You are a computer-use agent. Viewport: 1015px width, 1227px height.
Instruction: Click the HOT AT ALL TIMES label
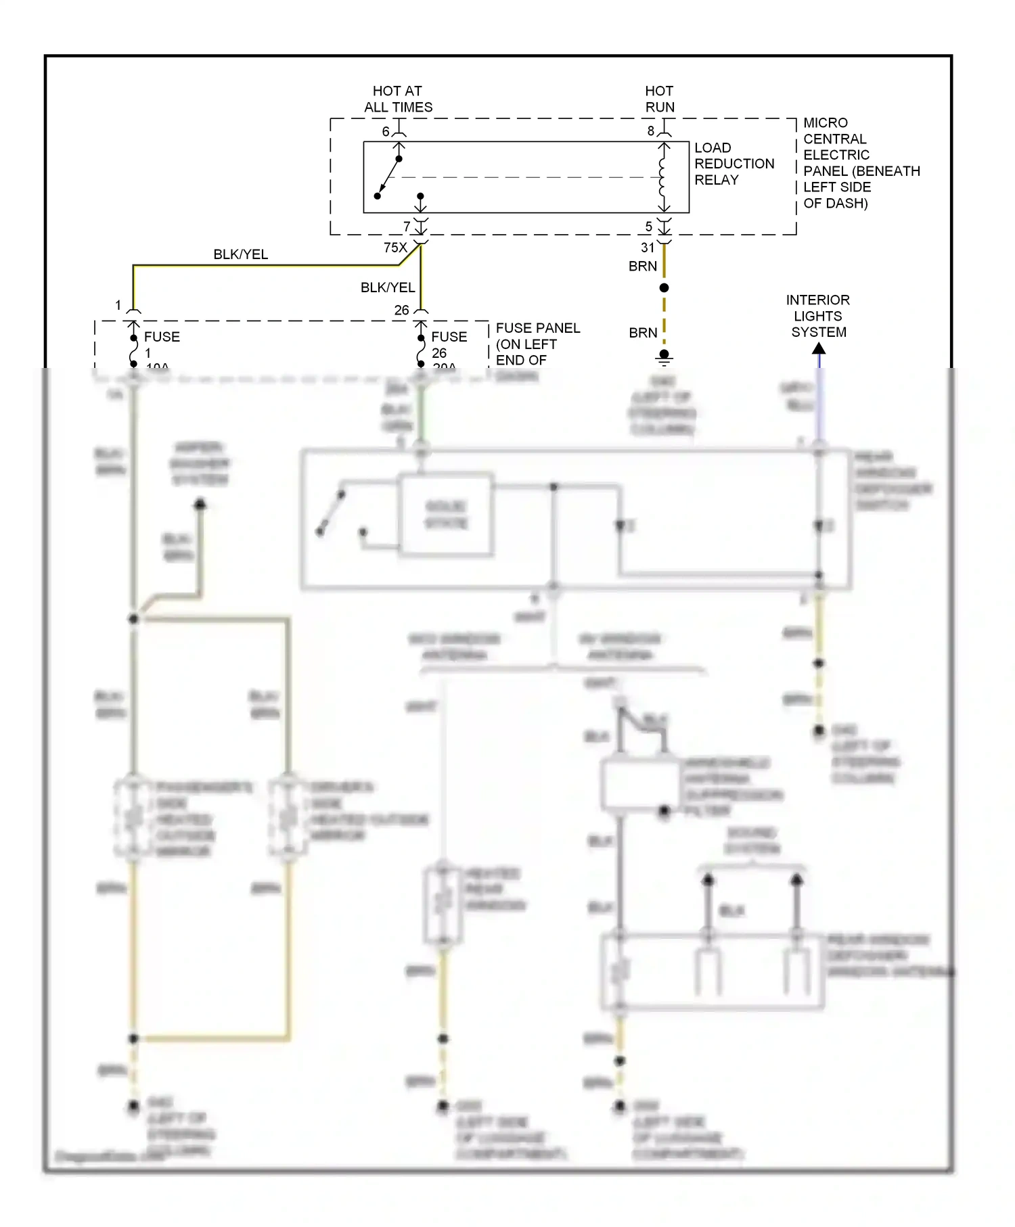tap(398, 99)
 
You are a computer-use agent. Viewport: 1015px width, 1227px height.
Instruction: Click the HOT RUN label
tap(659, 99)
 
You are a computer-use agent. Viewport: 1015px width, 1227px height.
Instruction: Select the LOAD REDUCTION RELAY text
tap(734, 164)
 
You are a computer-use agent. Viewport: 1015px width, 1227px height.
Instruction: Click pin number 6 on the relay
tap(386, 131)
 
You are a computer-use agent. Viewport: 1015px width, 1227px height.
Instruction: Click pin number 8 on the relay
tap(651, 131)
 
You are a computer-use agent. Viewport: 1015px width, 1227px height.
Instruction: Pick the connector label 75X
tap(395, 248)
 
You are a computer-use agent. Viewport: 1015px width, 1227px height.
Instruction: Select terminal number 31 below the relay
tap(648, 248)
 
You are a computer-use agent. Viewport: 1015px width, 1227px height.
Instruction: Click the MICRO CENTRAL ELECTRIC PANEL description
tap(860, 163)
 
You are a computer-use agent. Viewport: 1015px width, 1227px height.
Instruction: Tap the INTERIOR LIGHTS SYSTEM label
tap(818, 316)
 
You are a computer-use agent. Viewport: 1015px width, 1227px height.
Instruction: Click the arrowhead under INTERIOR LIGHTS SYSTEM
tap(819, 349)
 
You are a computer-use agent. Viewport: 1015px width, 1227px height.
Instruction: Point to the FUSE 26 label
tap(448, 345)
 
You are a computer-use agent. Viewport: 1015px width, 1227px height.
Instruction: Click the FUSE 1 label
tap(161, 344)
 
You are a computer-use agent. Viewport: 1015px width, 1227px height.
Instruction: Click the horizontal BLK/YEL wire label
tap(240, 254)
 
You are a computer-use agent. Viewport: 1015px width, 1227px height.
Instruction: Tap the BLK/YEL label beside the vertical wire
tap(387, 287)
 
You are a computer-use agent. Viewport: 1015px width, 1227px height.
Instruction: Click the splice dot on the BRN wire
tap(664, 288)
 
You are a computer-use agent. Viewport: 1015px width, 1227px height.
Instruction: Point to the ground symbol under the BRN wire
tap(664, 357)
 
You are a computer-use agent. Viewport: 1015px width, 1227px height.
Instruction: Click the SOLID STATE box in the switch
tap(446, 515)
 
